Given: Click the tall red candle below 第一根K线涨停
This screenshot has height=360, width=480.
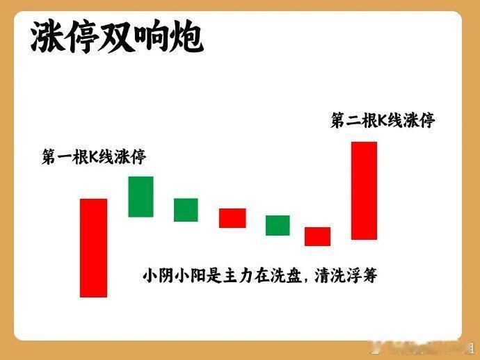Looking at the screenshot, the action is (x=93, y=247).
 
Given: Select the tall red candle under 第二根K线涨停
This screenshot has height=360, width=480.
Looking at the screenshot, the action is (x=364, y=190).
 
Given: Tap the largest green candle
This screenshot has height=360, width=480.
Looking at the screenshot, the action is (x=141, y=197).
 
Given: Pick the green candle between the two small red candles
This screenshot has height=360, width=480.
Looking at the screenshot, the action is (x=278, y=225).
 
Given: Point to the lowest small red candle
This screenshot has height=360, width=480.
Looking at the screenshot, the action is (x=317, y=236).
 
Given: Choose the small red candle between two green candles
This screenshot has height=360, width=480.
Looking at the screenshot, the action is (x=232, y=218).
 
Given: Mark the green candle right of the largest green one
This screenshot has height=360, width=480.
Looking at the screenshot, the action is (x=186, y=210).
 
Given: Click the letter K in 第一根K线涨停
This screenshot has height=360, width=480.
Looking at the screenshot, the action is (x=93, y=157).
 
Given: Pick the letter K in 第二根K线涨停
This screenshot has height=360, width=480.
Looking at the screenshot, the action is (x=382, y=120).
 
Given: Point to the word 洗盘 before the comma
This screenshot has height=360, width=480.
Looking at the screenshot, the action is (x=286, y=276).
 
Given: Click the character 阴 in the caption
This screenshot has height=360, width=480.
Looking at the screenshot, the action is (x=166, y=276).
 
